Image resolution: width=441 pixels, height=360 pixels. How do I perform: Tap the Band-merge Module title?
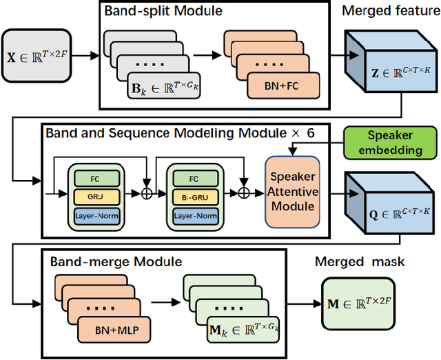(116, 262)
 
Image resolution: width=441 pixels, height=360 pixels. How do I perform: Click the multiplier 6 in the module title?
(310, 132)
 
